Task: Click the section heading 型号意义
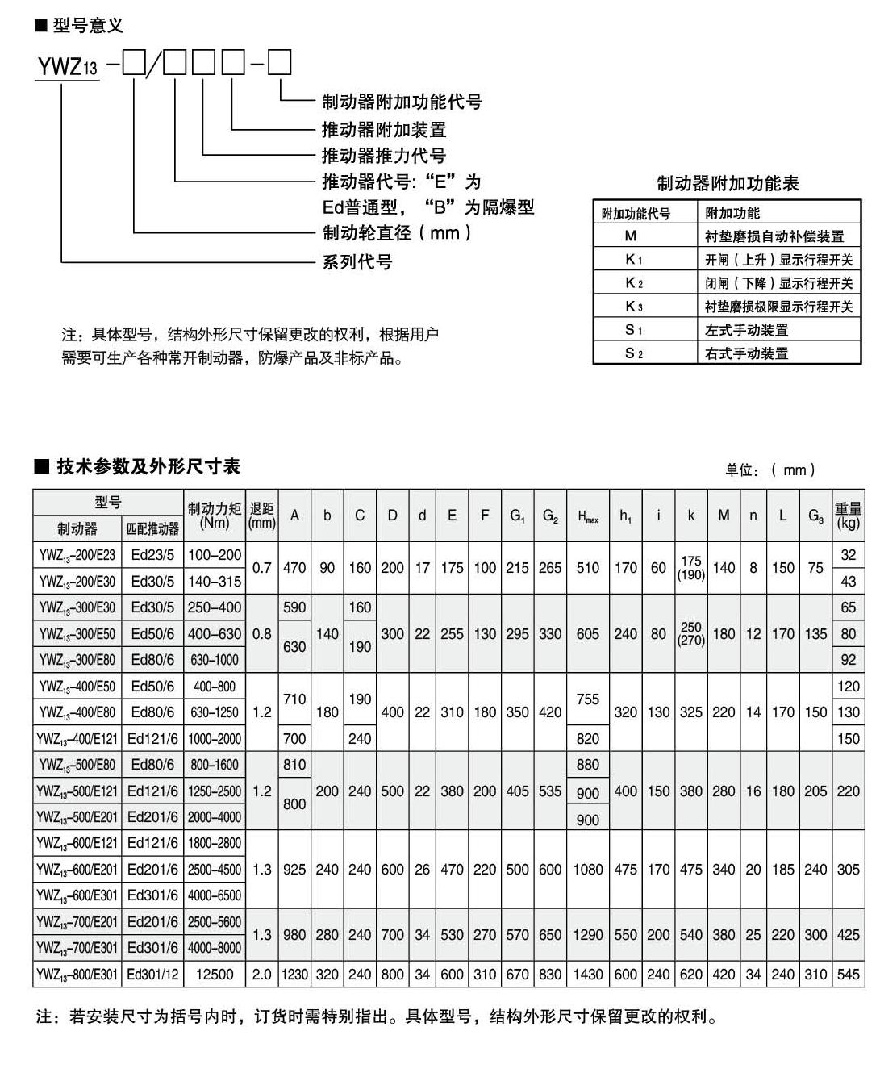click(87, 27)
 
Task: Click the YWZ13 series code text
click(67, 65)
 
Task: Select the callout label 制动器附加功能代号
click(401, 102)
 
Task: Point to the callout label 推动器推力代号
click(383, 156)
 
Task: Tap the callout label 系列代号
click(357, 262)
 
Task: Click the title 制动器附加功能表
click(727, 184)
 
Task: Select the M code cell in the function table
click(631, 236)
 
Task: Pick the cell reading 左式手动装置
click(746, 330)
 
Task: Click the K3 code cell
click(633, 307)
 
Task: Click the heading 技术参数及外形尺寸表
click(148, 466)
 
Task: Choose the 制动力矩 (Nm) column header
click(215, 516)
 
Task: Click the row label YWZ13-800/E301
click(77, 975)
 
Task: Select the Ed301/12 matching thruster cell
click(153, 975)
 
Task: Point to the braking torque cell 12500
click(215, 975)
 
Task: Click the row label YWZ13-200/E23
click(77, 555)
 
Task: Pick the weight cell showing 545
click(848, 975)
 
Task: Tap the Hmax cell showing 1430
click(588, 975)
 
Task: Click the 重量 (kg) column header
click(848, 516)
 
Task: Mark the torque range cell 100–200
click(215, 555)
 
